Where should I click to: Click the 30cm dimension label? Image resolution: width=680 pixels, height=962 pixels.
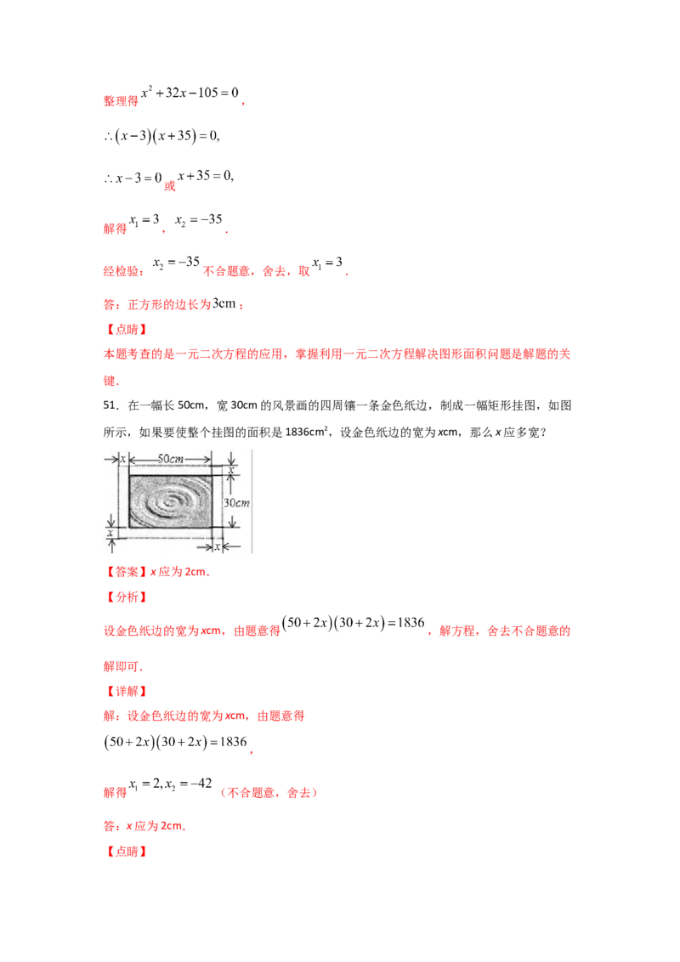coord(235,502)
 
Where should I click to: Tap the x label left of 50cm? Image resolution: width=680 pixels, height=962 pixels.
coord(123,459)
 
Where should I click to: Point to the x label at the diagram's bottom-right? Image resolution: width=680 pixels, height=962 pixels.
coord(218,547)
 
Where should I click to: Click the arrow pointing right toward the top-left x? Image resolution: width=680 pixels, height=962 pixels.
coord(116,459)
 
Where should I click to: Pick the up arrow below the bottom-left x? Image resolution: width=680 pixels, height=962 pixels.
coord(111,542)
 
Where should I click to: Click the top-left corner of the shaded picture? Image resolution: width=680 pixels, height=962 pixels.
coord(129,476)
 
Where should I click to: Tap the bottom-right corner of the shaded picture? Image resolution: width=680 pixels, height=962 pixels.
coord(212,527)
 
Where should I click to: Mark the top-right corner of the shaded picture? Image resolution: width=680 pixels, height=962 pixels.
coord(212,476)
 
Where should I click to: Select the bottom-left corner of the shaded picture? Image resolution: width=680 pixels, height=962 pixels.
coord(129,527)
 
